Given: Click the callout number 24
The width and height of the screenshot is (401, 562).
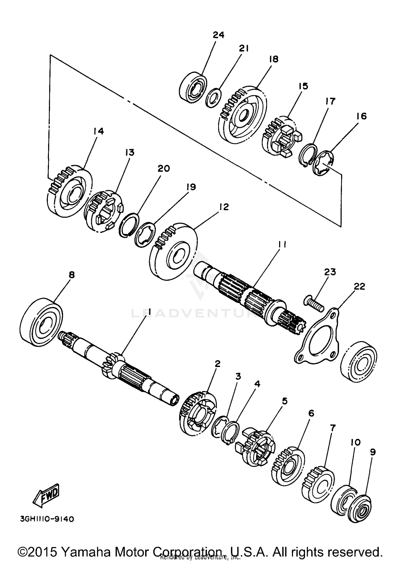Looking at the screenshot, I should pyautogui.click(x=218, y=35).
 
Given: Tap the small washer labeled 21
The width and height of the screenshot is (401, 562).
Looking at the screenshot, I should pyautogui.click(x=213, y=99).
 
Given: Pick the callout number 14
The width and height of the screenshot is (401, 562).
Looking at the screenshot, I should pyautogui.click(x=98, y=131).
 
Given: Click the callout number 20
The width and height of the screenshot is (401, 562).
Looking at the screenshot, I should pyautogui.click(x=164, y=169).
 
